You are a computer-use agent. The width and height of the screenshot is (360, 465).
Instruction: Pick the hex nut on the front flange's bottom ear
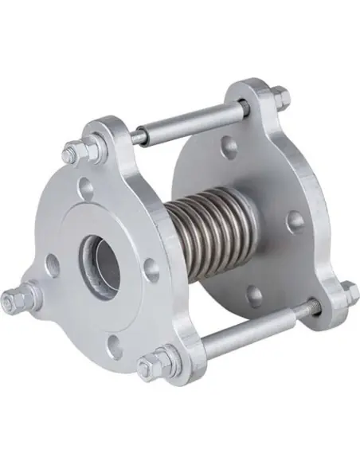pos(151,367)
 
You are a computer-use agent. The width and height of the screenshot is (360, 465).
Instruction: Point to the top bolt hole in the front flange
pos(87,190)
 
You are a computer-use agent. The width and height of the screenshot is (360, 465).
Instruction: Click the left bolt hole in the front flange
pos(52,264)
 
